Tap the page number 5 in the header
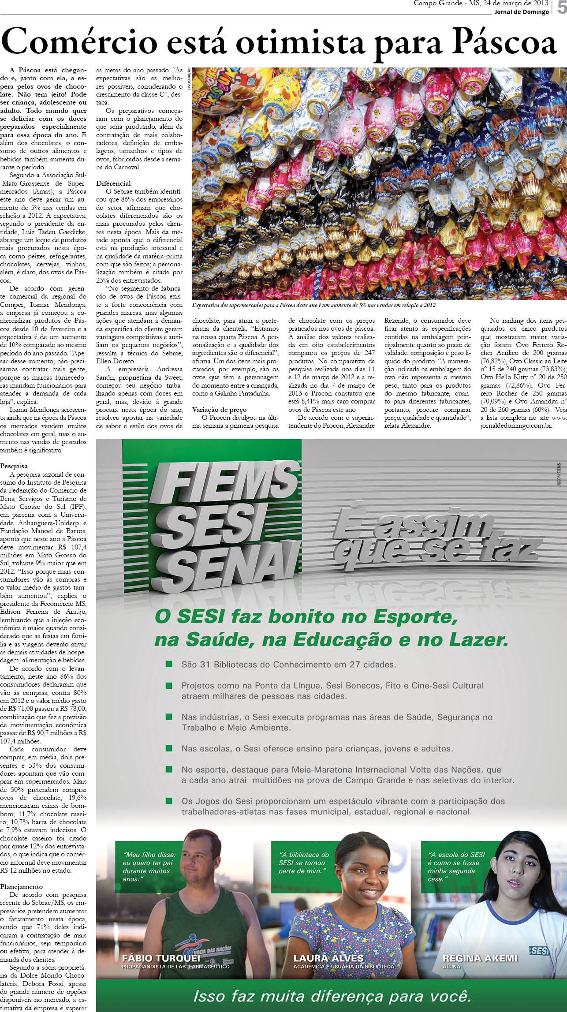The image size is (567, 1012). (561, 7)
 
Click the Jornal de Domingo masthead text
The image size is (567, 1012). (521, 12)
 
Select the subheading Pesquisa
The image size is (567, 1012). (14, 466)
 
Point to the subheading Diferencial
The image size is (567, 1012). (113, 183)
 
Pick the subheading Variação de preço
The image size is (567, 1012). (219, 410)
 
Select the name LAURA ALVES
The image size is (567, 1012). (328, 958)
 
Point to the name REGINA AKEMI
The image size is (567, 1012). (480, 958)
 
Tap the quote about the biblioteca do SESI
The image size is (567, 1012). (304, 863)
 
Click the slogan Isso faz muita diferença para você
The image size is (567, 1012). (332, 996)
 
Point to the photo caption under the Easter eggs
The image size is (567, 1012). (313, 305)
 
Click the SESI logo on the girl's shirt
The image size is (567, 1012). (538, 951)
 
